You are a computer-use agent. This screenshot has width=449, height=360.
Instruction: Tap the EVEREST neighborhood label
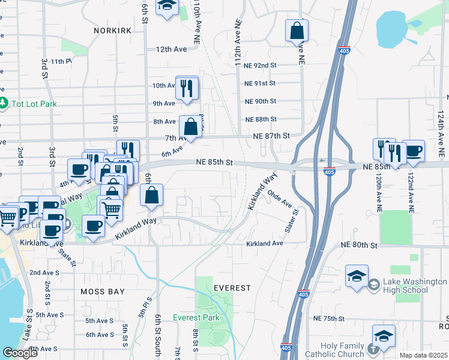[232, 288]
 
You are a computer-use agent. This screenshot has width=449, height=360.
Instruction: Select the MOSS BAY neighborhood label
[103, 292]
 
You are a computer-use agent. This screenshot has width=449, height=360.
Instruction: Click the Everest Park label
[196, 317]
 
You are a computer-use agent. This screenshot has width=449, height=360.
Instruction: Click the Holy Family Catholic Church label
[334, 350]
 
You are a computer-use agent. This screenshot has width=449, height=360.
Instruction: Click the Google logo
[20, 353]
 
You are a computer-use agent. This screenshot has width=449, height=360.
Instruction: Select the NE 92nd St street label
[261, 65]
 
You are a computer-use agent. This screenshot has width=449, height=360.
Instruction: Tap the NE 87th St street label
[271, 136]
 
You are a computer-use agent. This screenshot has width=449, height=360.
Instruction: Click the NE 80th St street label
[358, 245]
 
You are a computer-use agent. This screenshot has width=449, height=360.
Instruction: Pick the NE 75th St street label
[331, 318]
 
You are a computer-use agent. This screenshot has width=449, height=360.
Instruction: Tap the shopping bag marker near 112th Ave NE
[297, 31]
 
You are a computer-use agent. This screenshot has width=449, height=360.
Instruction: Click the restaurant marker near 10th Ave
[187, 88]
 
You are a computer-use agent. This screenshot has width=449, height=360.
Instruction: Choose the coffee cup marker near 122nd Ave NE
[413, 151]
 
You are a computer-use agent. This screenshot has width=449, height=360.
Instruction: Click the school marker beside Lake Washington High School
[357, 277]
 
